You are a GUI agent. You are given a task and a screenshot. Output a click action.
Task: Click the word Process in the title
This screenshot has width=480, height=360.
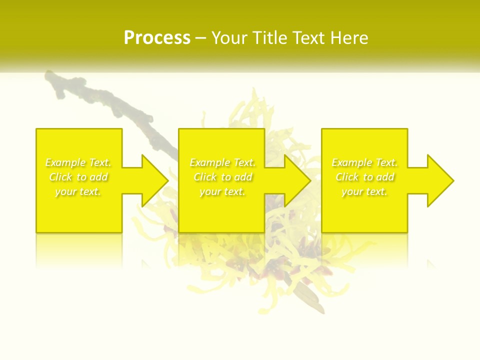157,38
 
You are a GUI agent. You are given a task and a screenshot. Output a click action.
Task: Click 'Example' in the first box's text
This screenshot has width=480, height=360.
65,162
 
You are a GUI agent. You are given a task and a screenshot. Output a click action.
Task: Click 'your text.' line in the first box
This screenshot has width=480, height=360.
78,191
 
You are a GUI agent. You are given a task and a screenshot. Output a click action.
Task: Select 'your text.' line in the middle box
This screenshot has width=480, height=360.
222,191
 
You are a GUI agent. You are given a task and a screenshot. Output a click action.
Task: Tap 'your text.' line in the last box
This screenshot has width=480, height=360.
364,191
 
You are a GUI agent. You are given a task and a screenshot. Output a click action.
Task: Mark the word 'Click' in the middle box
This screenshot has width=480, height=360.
205,177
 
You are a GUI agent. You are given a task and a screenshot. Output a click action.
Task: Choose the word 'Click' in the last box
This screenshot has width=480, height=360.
347,177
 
